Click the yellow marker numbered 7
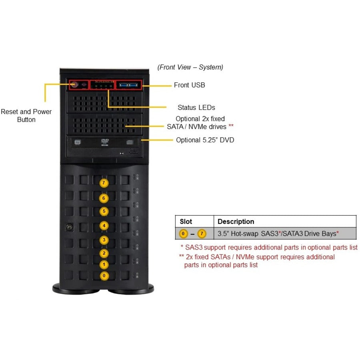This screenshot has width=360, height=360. tap(104, 183)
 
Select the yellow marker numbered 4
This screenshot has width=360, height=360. tap(104, 226)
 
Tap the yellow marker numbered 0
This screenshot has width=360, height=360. tap(104, 275)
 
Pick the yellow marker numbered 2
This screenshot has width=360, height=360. tap(104, 253)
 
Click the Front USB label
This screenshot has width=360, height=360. tap(189, 85)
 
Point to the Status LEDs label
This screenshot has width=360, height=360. tap(196, 108)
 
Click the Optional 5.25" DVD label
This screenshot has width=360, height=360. tap(205, 140)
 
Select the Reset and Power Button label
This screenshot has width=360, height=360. tap(26, 116)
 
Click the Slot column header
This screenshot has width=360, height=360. tap(186, 222)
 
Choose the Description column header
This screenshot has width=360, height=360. tap(236, 222)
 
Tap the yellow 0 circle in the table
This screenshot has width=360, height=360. tap(184, 234)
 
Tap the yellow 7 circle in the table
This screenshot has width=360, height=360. tap(202, 234)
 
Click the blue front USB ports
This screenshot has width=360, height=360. tap(128, 85)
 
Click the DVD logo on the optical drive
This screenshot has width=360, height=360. tap(105, 141)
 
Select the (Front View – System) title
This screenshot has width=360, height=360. tap(190, 67)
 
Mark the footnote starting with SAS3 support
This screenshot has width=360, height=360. tap(269, 248)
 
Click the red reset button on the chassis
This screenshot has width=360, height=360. tap(74, 85)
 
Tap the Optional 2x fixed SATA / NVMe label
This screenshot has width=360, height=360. tap(200, 122)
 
